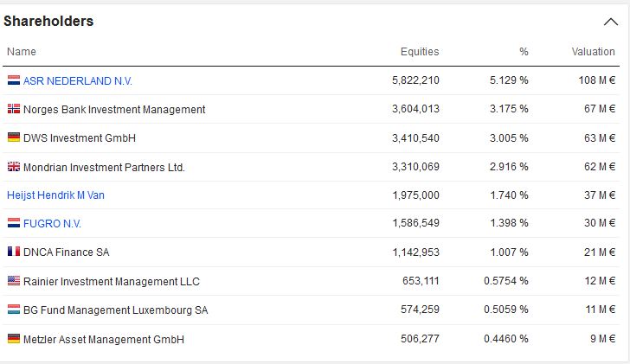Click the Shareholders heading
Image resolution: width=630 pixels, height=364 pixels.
click(x=48, y=21)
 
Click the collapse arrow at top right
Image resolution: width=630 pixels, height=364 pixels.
click(x=611, y=22)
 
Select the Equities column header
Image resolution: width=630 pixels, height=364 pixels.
click(x=420, y=52)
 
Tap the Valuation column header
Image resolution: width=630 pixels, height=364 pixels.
click(x=593, y=52)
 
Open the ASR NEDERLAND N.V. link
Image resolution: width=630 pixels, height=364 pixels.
click(x=78, y=80)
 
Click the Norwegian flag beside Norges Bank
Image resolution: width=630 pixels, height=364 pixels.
click(x=13, y=109)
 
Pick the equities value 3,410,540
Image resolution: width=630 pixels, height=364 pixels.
click(x=415, y=137)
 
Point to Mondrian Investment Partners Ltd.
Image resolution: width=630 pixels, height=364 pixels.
click(x=104, y=167)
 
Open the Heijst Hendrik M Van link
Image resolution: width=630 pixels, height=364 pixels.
click(x=55, y=195)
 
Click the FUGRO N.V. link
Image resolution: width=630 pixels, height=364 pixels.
click(x=52, y=224)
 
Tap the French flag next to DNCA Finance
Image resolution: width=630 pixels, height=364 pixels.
click(x=13, y=252)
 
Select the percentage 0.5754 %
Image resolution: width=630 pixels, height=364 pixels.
click(x=505, y=281)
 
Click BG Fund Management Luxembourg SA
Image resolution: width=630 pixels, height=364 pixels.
click(x=115, y=310)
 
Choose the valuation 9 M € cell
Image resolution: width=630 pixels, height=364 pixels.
click(x=602, y=339)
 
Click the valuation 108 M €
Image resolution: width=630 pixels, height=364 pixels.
click(x=596, y=80)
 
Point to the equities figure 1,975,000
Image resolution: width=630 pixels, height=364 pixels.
click(x=415, y=195)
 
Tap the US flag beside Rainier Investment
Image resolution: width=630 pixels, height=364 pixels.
click(x=13, y=281)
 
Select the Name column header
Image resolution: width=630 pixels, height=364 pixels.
click(x=21, y=52)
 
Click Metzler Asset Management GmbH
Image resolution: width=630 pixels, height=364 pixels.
click(x=103, y=339)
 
